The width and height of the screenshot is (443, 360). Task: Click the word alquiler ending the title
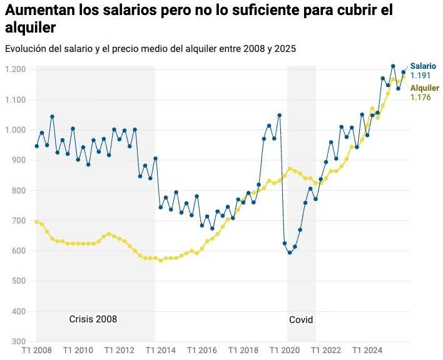(x=30, y=28)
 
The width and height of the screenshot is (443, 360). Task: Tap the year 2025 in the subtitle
(x=285, y=49)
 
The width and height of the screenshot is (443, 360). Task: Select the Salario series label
(x=423, y=66)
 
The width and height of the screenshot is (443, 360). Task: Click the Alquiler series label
(x=425, y=88)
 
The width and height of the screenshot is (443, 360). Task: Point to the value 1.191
(x=420, y=76)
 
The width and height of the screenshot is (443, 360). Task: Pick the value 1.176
(x=420, y=97)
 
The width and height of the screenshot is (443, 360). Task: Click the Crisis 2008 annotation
(x=93, y=319)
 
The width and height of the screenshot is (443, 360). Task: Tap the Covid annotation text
(x=301, y=320)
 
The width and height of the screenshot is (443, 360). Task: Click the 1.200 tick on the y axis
(x=16, y=69)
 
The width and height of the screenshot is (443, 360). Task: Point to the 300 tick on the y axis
(x=19, y=341)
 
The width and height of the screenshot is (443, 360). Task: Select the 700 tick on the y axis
(x=19, y=220)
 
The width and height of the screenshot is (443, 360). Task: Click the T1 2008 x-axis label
(x=37, y=351)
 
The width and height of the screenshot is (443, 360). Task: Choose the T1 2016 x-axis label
(x=202, y=351)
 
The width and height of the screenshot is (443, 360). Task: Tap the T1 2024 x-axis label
(x=367, y=351)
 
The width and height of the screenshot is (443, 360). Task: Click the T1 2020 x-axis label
(x=285, y=351)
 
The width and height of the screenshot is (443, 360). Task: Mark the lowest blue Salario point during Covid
(x=290, y=252)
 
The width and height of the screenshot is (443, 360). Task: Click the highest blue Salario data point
(x=393, y=66)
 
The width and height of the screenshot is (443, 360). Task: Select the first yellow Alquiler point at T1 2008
(x=37, y=222)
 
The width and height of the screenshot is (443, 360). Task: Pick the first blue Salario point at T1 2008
(x=37, y=146)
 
